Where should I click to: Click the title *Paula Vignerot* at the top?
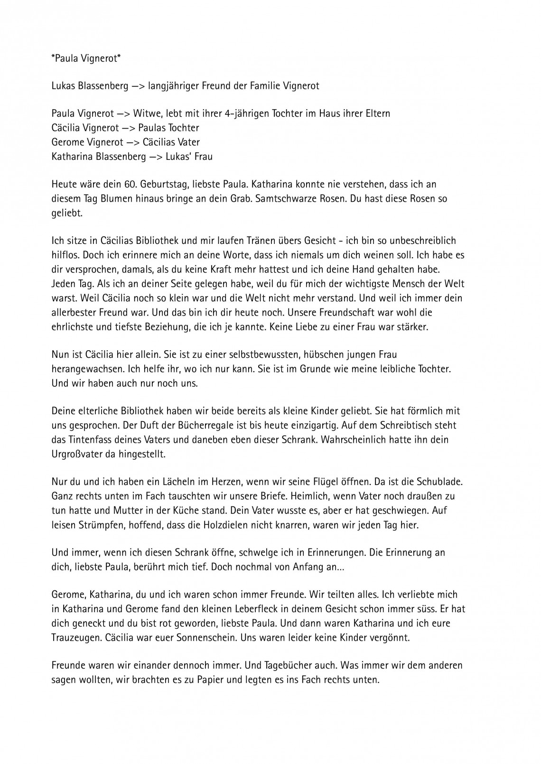click(x=86, y=58)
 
